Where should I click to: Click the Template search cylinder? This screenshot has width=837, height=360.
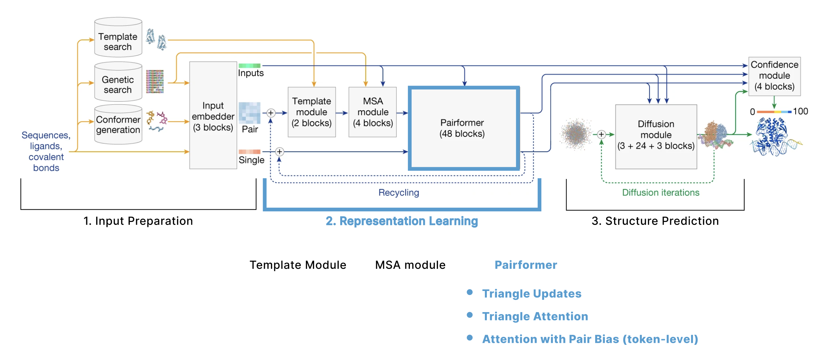[x=118, y=37]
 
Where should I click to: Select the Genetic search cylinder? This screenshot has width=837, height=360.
[x=118, y=82]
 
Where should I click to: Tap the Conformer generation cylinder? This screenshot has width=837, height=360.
[x=118, y=125]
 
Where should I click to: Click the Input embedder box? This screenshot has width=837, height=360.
[x=213, y=115]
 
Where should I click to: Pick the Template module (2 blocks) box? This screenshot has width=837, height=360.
[x=312, y=112]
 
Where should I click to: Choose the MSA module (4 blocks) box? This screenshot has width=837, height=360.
[x=373, y=112]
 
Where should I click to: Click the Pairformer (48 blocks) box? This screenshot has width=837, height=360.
[x=464, y=128]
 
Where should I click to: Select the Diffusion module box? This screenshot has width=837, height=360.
[x=656, y=137]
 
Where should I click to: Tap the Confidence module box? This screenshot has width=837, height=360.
[x=774, y=76]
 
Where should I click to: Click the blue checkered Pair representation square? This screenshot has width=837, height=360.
[x=249, y=113]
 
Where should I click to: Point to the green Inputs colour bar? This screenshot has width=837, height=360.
[x=249, y=66]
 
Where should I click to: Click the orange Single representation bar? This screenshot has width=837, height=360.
[x=249, y=152]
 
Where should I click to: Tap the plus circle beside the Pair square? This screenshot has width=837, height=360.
[x=271, y=113]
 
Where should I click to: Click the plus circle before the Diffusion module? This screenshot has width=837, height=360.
[x=601, y=134]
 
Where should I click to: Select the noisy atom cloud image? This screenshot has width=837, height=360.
[x=576, y=134]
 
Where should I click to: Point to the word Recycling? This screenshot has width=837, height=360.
[x=399, y=193]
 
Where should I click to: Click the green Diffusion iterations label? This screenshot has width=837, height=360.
[x=661, y=193]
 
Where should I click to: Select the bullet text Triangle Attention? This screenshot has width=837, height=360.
[x=535, y=316]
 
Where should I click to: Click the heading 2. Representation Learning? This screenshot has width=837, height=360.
[x=402, y=221]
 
